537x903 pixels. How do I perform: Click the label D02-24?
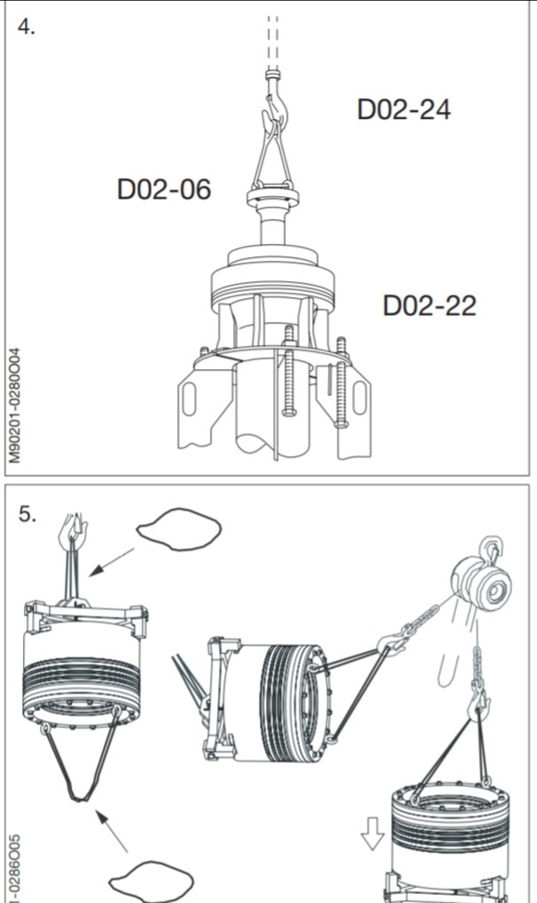(x=403, y=109)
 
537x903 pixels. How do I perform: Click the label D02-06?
(x=164, y=189)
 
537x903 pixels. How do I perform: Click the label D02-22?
(x=429, y=305)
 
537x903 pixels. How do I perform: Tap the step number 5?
(x=28, y=515)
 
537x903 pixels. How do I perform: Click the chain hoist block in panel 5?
(x=484, y=585)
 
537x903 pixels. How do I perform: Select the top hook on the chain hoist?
(x=490, y=548)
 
